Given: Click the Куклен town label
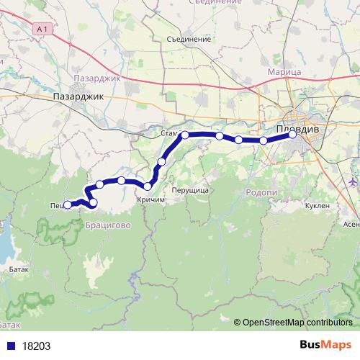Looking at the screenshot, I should (x=318, y=206).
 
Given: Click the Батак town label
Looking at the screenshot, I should (x=19, y=269).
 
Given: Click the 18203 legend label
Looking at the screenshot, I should (x=36, y=346).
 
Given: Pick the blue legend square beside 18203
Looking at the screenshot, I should (x=9, y=346).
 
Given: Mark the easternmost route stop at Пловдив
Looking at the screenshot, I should (x=292, y=135).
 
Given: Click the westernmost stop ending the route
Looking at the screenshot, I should (x=67, y=204).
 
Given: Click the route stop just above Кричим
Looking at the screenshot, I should (x=148, y=186).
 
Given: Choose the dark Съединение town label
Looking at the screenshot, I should (x=188, y=39).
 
